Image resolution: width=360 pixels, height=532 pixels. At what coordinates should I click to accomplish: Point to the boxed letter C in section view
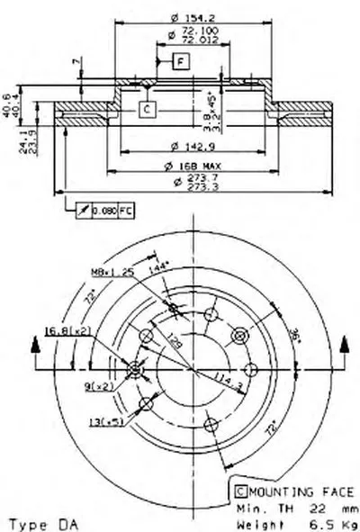pos(147,109)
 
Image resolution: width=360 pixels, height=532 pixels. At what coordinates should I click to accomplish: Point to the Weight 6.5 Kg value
pos(288,522)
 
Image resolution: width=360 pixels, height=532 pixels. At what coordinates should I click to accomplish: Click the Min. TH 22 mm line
pos(288,508)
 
